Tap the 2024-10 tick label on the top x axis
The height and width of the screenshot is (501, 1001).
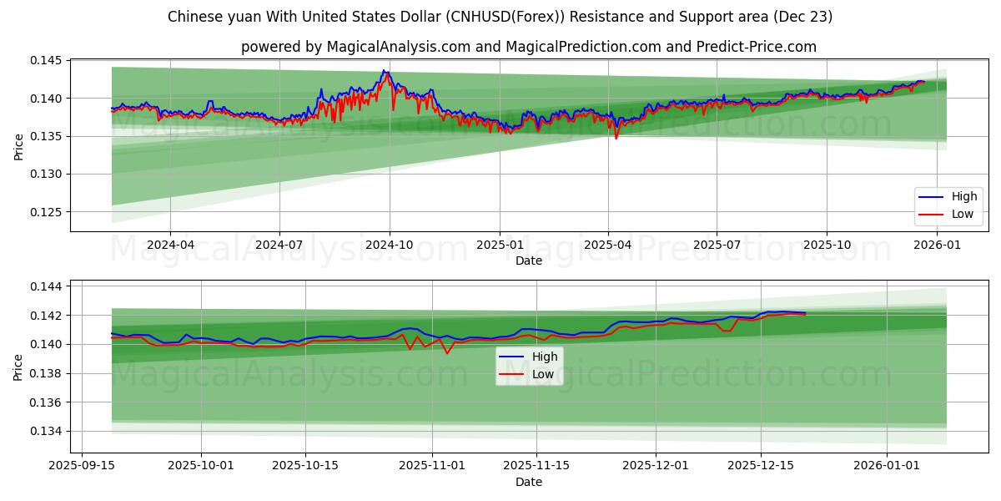390,245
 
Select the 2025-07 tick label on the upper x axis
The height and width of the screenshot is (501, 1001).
717,245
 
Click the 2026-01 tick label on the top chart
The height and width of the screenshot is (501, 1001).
938,245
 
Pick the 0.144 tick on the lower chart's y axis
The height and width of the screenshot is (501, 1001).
47,286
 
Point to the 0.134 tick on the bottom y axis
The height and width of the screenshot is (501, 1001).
47,432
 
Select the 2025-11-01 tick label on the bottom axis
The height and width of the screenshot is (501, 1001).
432,466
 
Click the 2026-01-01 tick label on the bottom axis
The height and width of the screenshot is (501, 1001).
886,466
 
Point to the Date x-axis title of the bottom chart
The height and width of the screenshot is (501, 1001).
529,482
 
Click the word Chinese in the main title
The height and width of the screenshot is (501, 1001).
194,17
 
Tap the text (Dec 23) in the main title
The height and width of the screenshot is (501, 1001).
804,17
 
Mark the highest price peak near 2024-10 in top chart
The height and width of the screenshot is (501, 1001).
384,71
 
